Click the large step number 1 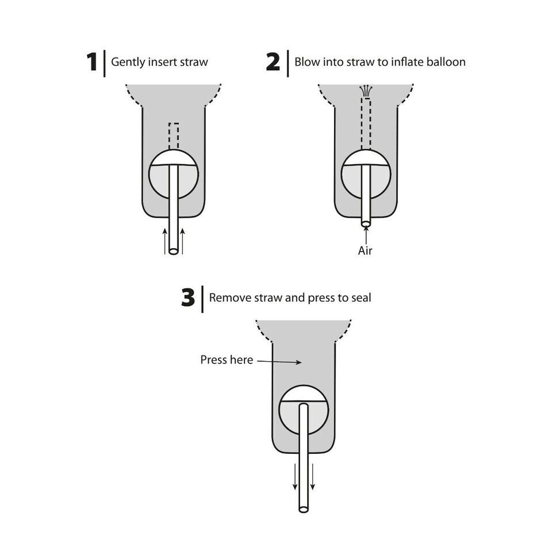click(92, 62)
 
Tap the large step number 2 click(273, 62)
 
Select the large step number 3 click(188, 298)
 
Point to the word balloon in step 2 click(446, 62)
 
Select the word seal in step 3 click(361, 298)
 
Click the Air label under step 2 click(365, 251)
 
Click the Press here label click(227, 360)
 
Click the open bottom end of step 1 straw click(174, 252)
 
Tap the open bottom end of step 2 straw click(366, 223)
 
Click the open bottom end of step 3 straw click(304, 509)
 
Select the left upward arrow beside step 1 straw click(165, 241)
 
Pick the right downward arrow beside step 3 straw click(312, 477)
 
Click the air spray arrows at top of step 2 click(366, 91)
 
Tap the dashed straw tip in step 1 click(174, 136)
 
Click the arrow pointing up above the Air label click(366, 235)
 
